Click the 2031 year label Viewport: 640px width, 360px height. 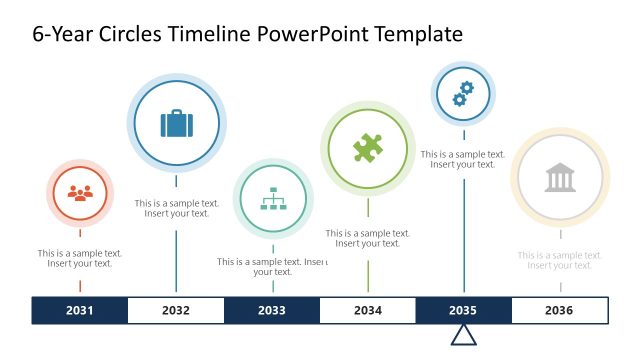point(80,310)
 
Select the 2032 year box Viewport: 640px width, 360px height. point(176,310)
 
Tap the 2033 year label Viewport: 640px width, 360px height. point(271,310)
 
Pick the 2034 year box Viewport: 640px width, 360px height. point(367,310)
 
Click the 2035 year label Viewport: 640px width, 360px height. point(463,310)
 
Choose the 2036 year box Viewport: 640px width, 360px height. point(559,310)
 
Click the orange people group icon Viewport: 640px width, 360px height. point(80,193)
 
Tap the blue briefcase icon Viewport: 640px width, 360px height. point(177,124)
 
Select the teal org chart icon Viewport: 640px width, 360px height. point(272,200)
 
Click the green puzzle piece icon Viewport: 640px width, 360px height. point(367,149)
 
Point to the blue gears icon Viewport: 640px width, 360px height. point(463,94)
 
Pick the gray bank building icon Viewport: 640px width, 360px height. point(560,179)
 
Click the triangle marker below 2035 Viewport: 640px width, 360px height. point(463,334)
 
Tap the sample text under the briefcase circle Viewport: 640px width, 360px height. point(177,208)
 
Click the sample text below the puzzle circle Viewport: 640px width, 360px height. point(367,238)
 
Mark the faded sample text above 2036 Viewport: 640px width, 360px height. point(560,260)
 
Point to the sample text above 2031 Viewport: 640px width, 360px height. point(80,258)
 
